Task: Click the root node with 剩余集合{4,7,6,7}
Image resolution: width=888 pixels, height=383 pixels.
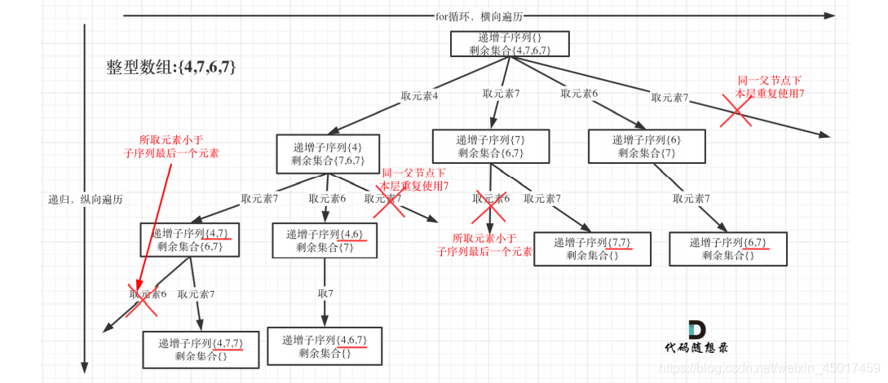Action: (x=501, y=44)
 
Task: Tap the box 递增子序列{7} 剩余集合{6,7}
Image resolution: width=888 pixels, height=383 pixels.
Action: (x=490, y=146)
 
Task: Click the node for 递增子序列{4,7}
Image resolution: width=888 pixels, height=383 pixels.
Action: (x=190, y=240)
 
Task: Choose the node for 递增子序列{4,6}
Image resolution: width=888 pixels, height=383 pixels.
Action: (x=325, y=240)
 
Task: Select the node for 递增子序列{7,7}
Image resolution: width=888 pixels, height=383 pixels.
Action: (x=592, y=249)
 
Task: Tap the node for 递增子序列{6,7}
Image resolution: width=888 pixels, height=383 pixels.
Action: (x=728, y=249)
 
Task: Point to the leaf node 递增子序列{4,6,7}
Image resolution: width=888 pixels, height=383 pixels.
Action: (x=325, y=346)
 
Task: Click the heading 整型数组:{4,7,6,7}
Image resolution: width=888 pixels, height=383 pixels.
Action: (x=171, y=68)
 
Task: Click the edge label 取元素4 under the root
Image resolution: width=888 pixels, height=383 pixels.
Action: (x=419, y=95)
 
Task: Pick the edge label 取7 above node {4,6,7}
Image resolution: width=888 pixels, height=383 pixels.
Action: (x=325, y=293)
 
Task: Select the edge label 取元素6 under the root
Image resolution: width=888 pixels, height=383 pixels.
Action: (x=579, y=93)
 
